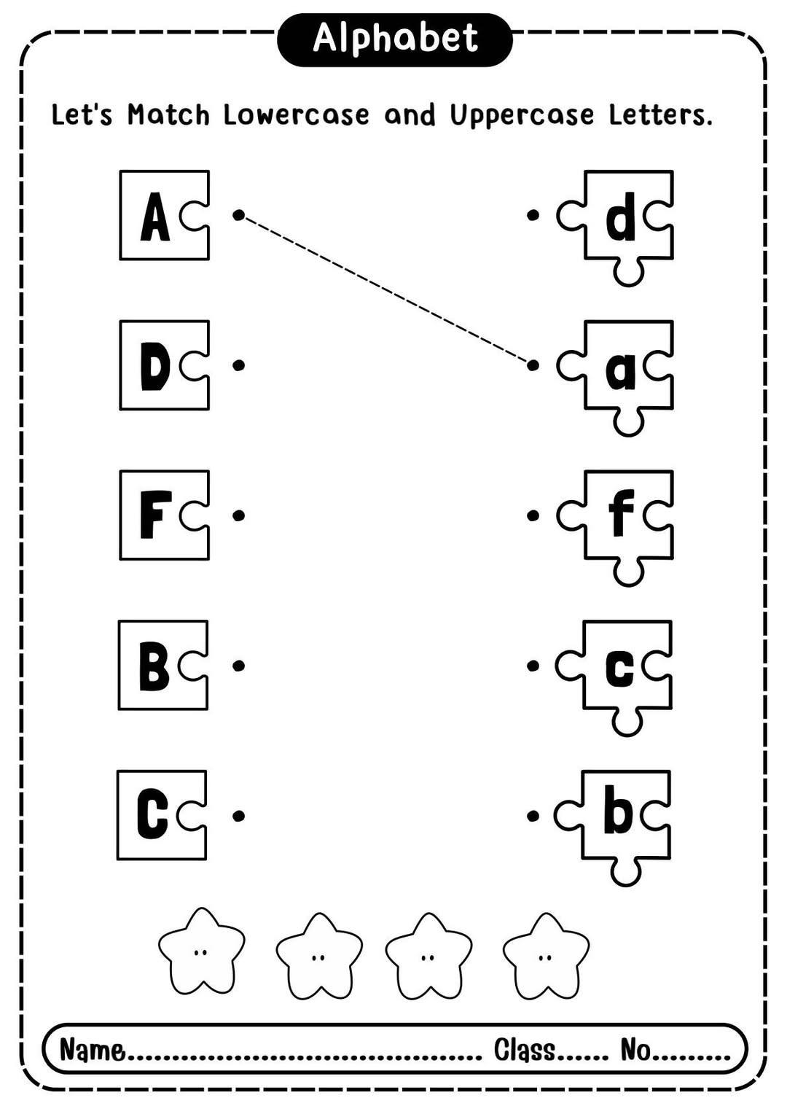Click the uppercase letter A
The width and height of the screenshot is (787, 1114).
tap(155, 217)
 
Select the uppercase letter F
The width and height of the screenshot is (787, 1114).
tap(156, 515)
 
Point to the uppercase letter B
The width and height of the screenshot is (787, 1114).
tap(154, 666)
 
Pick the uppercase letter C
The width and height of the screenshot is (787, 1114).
tap(152, 816)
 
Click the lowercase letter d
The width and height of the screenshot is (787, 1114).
tap(620, 217)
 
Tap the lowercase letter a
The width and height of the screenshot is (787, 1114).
tap(620, 371)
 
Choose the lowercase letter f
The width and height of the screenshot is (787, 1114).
tap(622, 513)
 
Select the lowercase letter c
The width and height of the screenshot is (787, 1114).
tap(619, 669)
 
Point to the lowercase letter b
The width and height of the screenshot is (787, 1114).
tap(619, 811)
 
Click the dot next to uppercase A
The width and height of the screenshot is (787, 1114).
tap(238, 215)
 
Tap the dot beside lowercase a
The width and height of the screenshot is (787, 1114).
tap(533, 365)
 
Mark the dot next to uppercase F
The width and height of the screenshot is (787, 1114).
tap(238, 515)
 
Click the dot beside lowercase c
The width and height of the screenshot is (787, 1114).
tap(533, 666)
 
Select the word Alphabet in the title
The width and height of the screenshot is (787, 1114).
tap(395, 39)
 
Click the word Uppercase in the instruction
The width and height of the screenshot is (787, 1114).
tap(522, 116)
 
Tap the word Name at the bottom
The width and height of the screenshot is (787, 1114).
tap(93, 1049)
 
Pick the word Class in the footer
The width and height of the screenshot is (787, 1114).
tap(525, 1049)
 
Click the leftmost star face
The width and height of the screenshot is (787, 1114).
tap(201, 951)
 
